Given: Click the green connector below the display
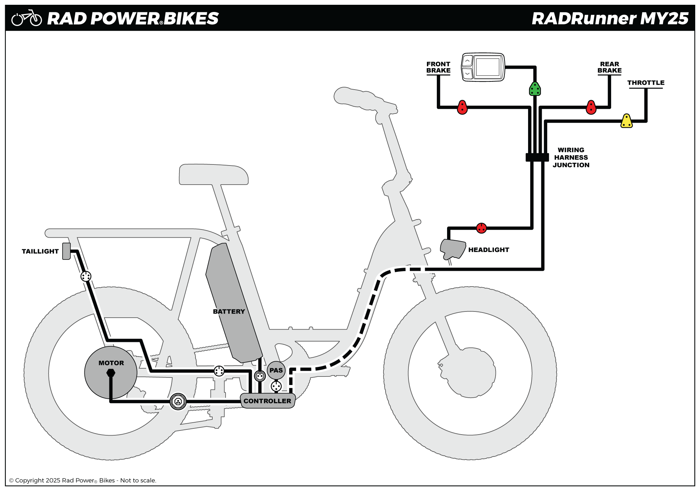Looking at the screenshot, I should (x=535, y=89).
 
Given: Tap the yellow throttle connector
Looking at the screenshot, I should (x=626, y=121).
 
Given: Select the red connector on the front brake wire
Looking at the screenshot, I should (x=462, y=107).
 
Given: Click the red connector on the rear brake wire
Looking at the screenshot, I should (x=591, y=107).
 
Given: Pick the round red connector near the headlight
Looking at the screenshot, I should (x=481, y=228).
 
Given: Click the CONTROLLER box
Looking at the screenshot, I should (x=268, y=401).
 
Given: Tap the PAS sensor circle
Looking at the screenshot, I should (x=276, y=370).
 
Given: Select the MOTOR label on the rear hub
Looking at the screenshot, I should (x=111, y=363).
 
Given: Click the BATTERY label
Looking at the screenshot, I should (x=229, y=311).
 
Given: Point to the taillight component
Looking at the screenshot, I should (x=66, y=251).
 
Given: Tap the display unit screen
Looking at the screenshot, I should (x=487, y=67).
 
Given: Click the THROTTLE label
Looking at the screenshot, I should (x=646, y=83).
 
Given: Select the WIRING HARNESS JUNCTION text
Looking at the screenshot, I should (x=571, y=158).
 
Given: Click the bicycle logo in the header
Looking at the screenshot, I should (x=27, y=18).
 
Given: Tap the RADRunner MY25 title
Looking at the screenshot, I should (x=610, y=18).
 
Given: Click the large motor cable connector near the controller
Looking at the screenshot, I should (x=178, y=401).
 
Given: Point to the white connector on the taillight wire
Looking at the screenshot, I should (x=86, y=276).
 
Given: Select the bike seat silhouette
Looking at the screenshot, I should (x=214, y=174).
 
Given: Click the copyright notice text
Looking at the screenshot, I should (x=82, y=480).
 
